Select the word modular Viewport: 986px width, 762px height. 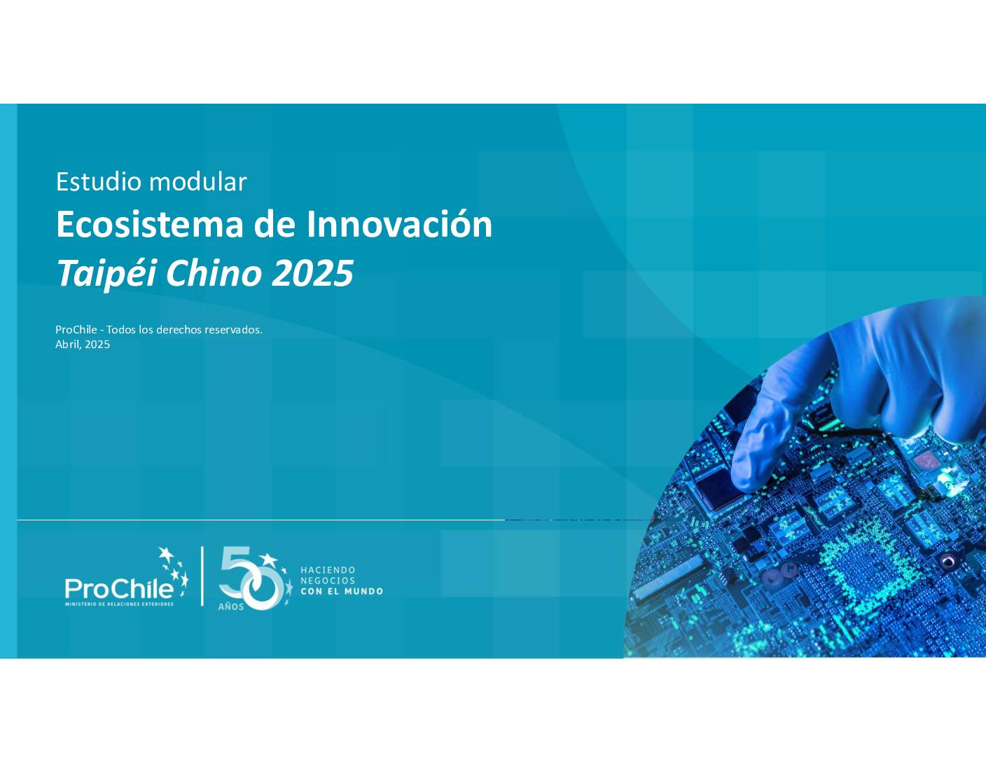[x=197, y=181]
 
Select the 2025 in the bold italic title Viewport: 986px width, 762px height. [x=312, y=274]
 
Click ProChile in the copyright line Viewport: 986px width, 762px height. [x=76, y=329]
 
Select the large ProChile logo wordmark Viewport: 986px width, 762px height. [x=119, y=588]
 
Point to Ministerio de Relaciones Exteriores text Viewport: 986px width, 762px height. [x=119, y=604]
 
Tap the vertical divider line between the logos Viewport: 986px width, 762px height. [x=202, y=576]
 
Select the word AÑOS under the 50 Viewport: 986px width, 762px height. [x=231, y=607]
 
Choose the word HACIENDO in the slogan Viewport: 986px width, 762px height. [x=328, y=569]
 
